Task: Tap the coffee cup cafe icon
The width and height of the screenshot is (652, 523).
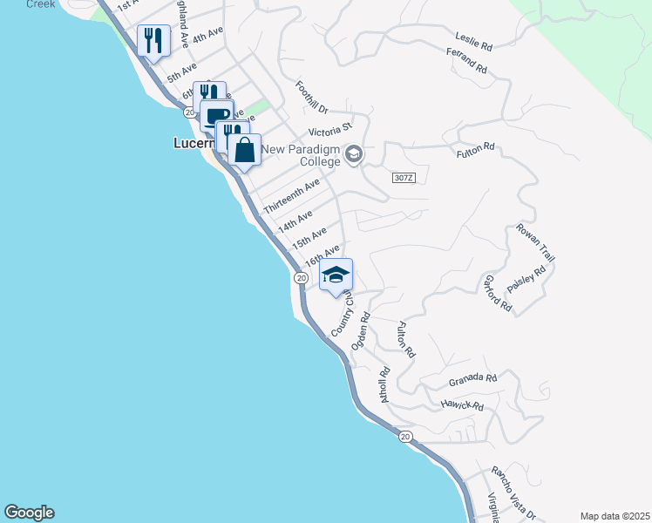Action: (217, 115)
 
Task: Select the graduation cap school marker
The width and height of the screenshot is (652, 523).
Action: (335, 275)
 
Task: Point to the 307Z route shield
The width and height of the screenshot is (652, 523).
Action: (403, 178)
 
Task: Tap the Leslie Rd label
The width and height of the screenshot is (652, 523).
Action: (474, 38)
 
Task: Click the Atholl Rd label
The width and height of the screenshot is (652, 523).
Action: (384, 384)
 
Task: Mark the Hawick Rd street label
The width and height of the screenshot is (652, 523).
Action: (461, 405)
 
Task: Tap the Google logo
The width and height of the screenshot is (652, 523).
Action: (30, 513)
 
